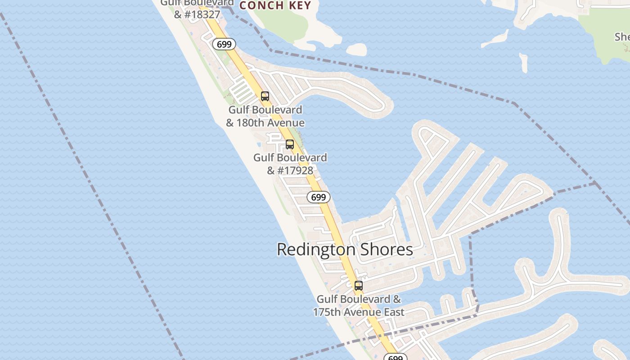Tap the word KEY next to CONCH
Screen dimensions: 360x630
(x=298, y=5)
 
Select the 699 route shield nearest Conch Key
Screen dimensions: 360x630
(x=224, y=44)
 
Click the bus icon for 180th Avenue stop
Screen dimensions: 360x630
(x=265, y=96)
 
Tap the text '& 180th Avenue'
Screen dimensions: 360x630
(x=265, y=123)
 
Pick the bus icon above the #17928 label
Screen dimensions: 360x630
(x=290, y=144)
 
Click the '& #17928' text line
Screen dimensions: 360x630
(x=290, y=171)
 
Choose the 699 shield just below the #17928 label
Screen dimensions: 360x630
(x=319, y=197)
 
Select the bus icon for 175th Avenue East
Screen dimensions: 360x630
(x=359, y=286)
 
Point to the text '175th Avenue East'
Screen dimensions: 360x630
(x=359, y=312)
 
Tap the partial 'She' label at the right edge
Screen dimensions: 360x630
(x=623, y=37)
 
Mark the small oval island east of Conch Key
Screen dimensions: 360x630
(x=357, y=49)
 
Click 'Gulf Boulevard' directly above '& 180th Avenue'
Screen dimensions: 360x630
(x=265, y=110)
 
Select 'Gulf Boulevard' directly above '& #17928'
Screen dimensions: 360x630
(x=290, y=157)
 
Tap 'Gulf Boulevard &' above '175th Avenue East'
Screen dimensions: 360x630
(x=359, y=299)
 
